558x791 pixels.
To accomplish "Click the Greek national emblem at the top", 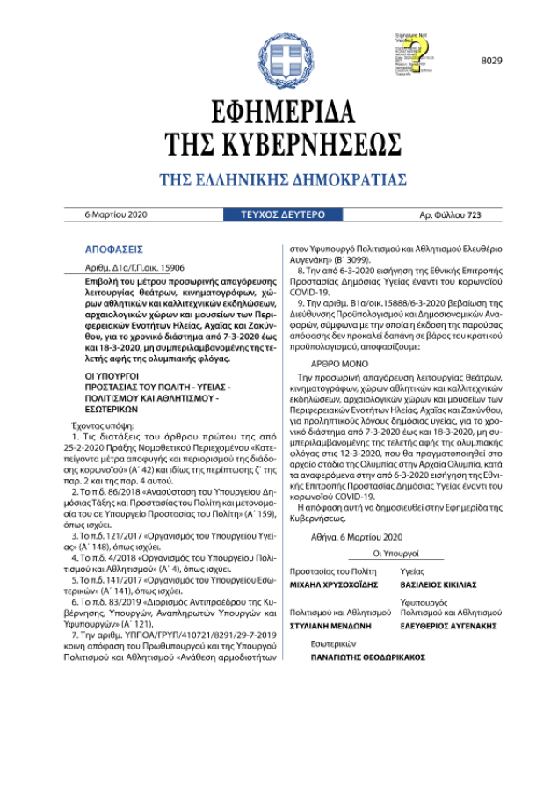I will pos(279,59).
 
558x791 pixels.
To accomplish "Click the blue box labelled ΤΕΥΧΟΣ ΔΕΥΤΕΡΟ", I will pos(277,214).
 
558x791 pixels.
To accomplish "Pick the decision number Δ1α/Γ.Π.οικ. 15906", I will pos(134,266).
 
